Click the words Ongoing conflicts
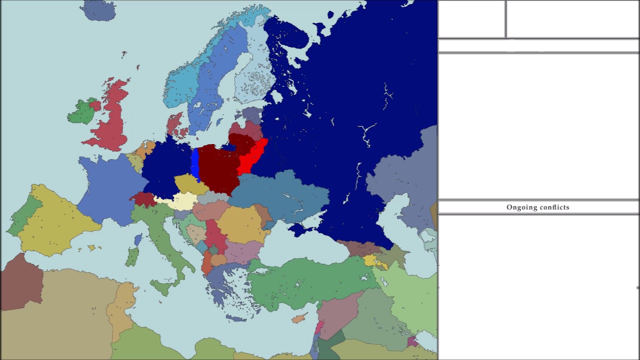click(537, 207)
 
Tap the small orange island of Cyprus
click(299, 318)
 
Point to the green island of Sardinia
click(132, 257)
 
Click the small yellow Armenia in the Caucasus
click(370, 260)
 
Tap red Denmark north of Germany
click(174, 124)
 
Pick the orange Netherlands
click(147, 148)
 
